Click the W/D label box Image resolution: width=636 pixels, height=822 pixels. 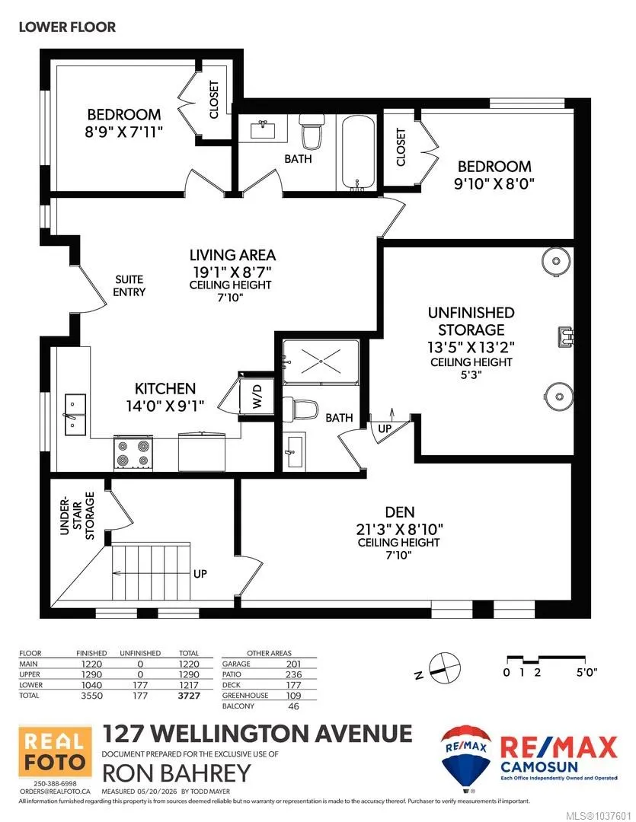coord(257,396)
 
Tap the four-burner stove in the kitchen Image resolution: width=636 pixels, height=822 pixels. coord(133,453)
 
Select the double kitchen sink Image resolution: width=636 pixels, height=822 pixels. coord(76,415)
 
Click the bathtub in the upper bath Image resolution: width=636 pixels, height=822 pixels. coord(359,152)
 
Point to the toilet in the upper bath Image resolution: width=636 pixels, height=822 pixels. coord(312,131)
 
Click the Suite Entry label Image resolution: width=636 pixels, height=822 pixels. coord(129,285)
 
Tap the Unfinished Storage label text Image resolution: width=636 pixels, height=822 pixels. coord(471,321)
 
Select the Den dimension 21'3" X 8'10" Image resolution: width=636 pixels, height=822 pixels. coord(399,529)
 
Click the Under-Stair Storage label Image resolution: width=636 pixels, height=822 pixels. coord(77,516)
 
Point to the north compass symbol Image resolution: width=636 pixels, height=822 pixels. coord(439,668)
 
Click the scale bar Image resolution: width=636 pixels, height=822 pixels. coord(546,660)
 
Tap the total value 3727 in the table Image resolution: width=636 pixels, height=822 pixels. coord(189,696)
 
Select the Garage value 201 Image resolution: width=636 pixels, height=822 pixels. coord(293,664)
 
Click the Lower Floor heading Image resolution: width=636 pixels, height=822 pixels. coord(67,27)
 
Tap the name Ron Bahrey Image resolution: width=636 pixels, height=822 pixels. coord(176,773)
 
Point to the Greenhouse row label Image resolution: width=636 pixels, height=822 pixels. coord(245,695)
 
